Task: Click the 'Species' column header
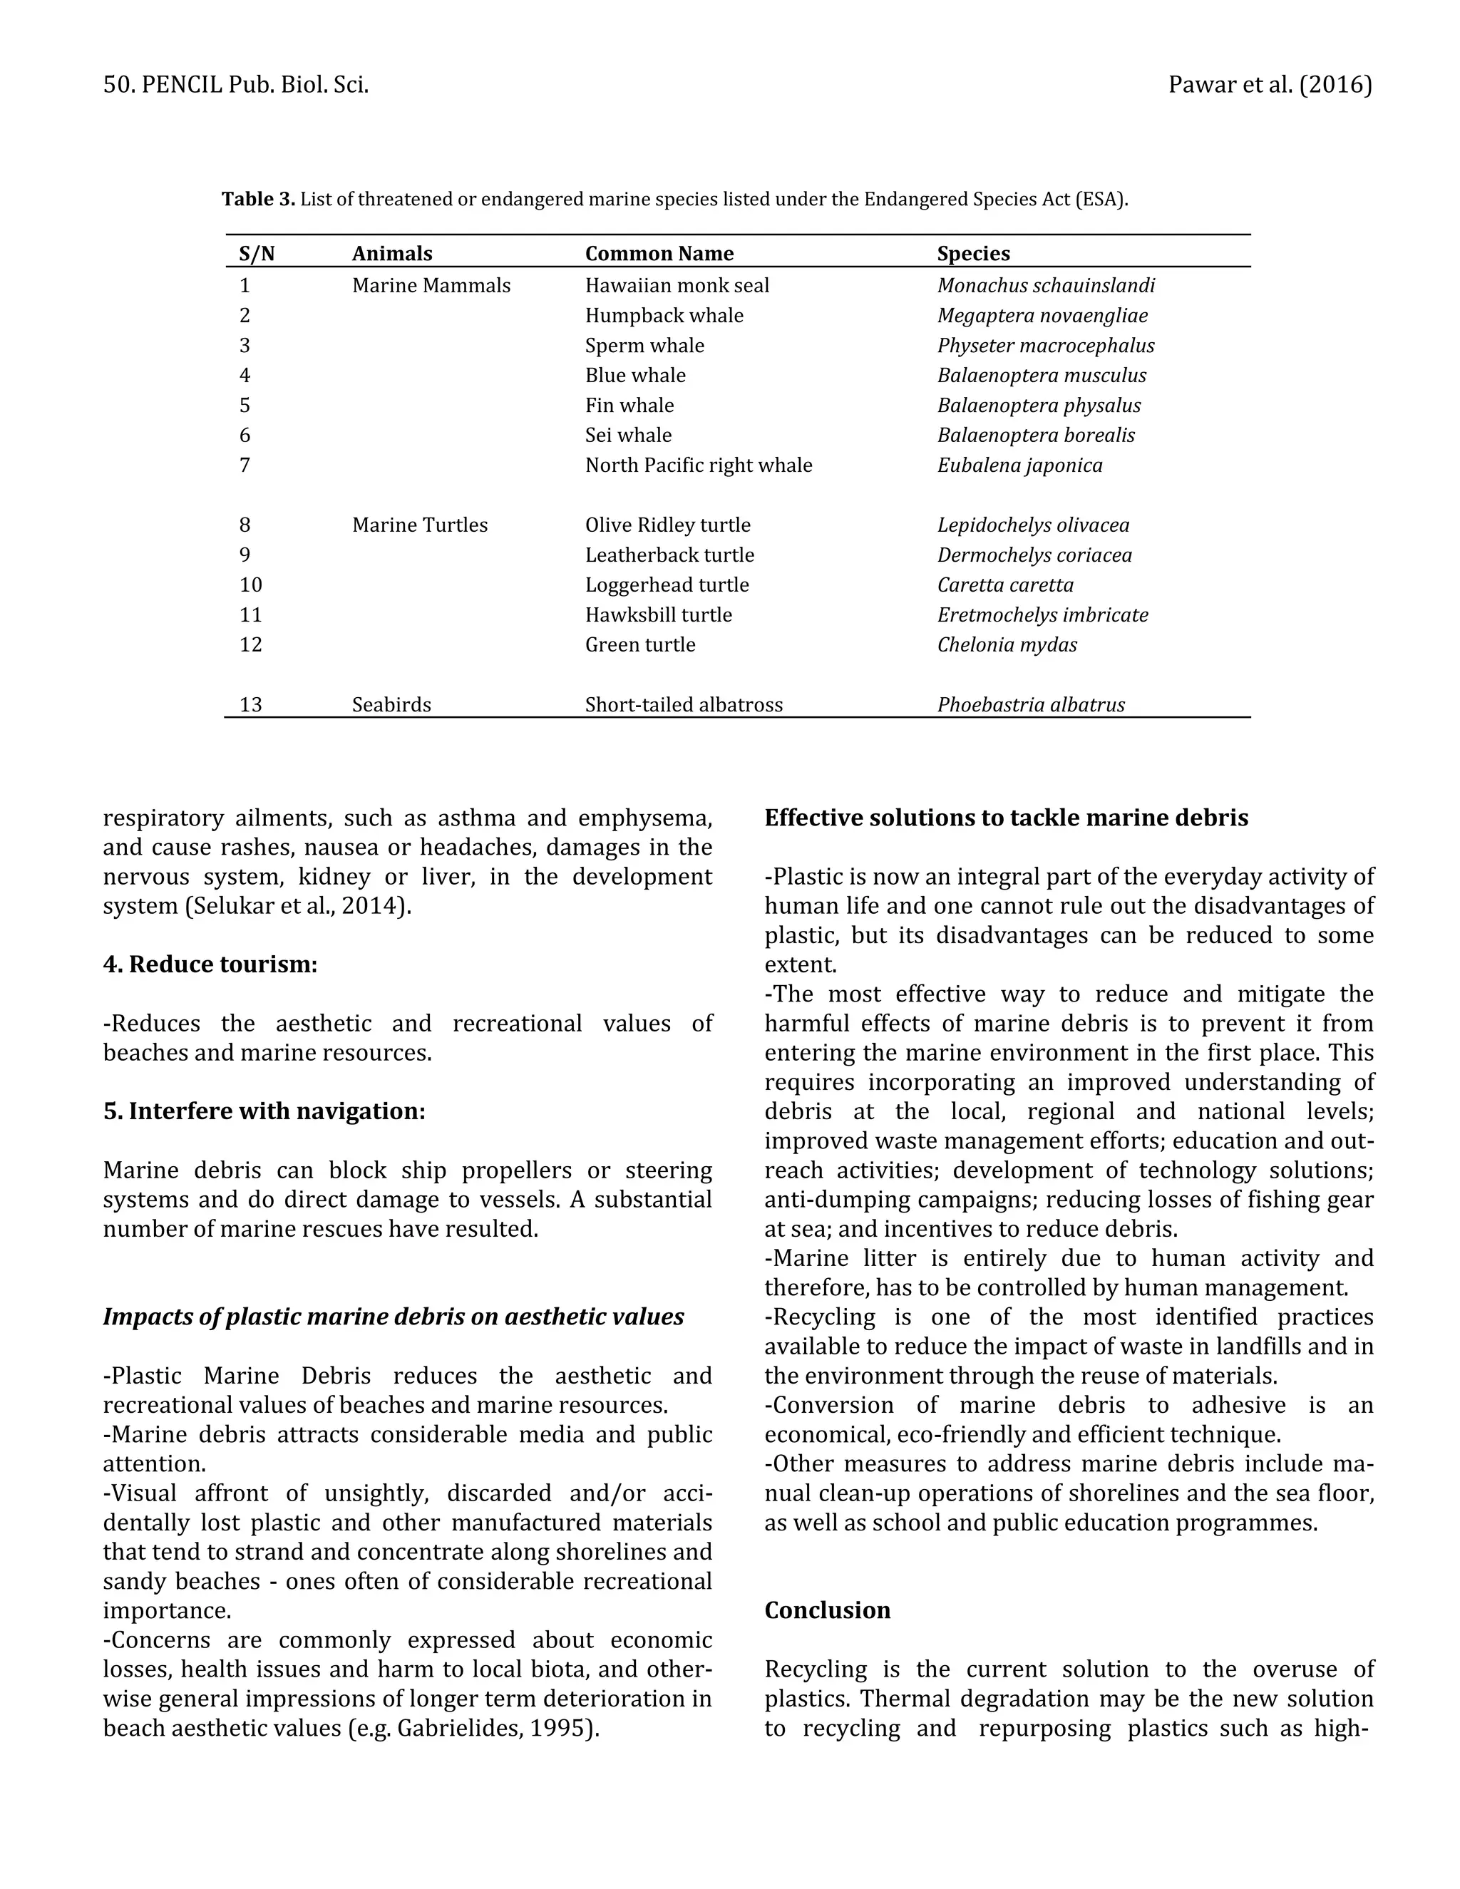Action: coord(973,254)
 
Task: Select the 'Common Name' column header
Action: coord(659,254)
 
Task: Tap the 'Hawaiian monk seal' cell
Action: coord(677,285)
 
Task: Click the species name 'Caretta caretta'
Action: coord(1005,585)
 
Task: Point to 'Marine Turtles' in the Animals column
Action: coord(419,525)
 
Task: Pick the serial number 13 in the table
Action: coord(250,704)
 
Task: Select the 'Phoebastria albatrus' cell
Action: coord(1031,704)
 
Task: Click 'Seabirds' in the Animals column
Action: coord(391,704)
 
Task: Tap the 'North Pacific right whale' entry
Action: coord(698,465)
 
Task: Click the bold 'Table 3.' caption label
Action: coord(258,199)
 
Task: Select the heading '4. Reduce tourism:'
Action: coord(210,964)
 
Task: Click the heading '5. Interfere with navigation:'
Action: coord(264,1111)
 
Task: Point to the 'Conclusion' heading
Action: coord(827,1610)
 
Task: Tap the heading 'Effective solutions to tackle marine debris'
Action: coord(1006,818)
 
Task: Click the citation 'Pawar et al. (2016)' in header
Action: coord(1270,85)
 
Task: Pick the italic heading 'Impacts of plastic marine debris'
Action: coord(393,1317)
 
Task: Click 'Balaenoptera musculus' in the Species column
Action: coord(1042,376)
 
